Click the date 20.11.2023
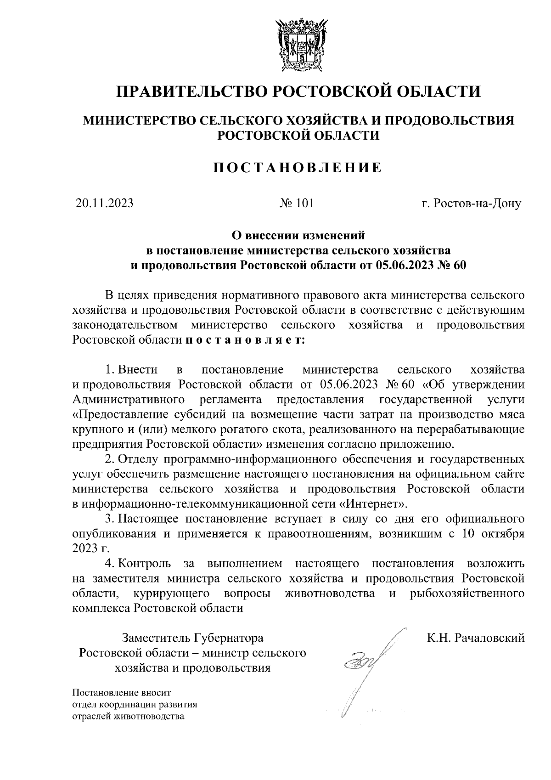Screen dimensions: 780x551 [x=104, y=203]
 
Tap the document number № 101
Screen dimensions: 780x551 [x=297, y=203]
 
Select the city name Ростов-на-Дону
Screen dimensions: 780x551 [x=471, y=203]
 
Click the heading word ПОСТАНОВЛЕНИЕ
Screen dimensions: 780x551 [x=298, y=168]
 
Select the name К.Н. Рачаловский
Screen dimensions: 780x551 [x=475, y=638]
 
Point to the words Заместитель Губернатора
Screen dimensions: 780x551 [x=192, y=638]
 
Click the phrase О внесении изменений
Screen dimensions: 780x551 [x=298, y=236]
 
